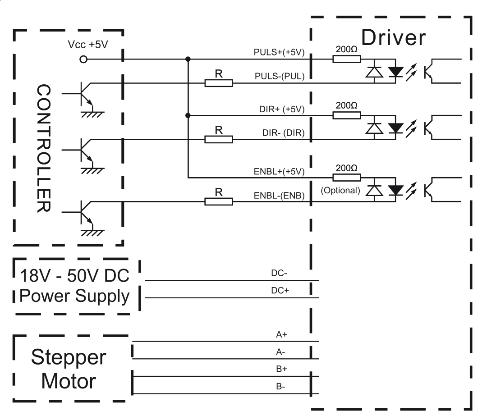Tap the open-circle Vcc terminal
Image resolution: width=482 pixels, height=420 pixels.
click(x=83, y=59)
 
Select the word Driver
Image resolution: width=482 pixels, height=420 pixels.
click(x=393, y=38)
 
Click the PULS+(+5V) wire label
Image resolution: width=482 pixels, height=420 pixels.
click(x=280, y=52)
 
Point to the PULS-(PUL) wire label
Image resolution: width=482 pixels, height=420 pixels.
click(x=280, y=76)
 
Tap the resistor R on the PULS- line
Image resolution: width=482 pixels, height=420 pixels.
click(x=219, y=82)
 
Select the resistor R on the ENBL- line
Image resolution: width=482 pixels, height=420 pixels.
click(x=219, y=201)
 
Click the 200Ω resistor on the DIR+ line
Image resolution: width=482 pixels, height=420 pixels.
click(x=347, y=115)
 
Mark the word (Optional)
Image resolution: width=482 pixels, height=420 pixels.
click(x=340, y=190)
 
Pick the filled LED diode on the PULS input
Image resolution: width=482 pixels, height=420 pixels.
click(x=395, y=71)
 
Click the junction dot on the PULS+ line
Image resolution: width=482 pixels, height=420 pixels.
click(x=188, y=59)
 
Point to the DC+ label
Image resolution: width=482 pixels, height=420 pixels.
click(x=280, y=291)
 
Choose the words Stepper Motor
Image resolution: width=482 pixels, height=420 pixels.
click(x=69, y=369)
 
